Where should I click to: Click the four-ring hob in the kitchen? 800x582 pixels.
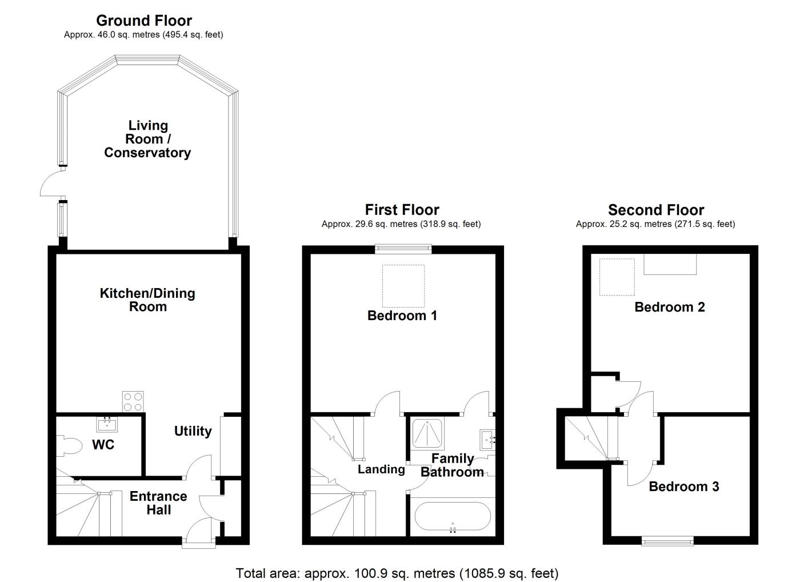click(133, 401)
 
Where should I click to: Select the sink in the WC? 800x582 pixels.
click(107, 424)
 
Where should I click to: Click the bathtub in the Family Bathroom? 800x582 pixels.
click(452, 517)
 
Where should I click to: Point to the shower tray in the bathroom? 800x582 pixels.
click(429, 435)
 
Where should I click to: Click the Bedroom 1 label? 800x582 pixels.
click(402, 316)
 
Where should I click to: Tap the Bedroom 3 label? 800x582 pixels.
click(683, 487)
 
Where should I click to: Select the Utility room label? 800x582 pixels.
click(193, 431)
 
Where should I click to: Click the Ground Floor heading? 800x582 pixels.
click(143, 21)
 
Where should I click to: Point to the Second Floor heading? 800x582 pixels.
click(655, 210)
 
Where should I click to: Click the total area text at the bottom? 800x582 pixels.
click(397, 573)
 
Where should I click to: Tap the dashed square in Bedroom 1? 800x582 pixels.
click(403, 286)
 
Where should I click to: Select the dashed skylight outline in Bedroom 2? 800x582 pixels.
click(617, 277)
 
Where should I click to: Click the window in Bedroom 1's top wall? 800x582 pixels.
click(403, 249)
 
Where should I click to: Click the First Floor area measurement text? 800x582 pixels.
click(401, 224)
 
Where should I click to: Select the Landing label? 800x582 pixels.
click(381, 469)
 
